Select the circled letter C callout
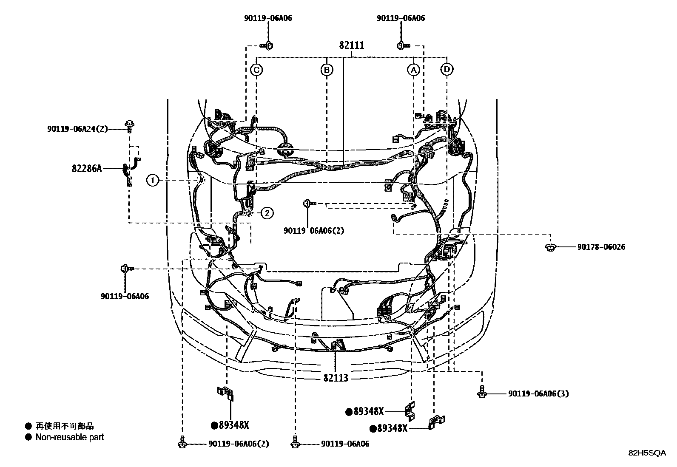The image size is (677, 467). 256,70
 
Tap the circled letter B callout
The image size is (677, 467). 326,70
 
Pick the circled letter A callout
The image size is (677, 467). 413,70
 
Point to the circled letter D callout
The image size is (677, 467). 447,69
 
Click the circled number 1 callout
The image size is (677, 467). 153,181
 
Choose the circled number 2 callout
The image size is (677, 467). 267,213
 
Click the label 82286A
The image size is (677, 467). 87,169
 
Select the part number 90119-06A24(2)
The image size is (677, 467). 77,128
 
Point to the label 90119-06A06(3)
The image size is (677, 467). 538,393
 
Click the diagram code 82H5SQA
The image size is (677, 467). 647,453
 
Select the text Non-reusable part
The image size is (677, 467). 69,437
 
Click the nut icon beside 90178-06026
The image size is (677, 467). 551,247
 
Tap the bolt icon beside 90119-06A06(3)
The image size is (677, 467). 481,392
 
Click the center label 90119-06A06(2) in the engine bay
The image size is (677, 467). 314,231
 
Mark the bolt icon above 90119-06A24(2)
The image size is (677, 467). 129,126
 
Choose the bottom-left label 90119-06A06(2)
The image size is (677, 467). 239,444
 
